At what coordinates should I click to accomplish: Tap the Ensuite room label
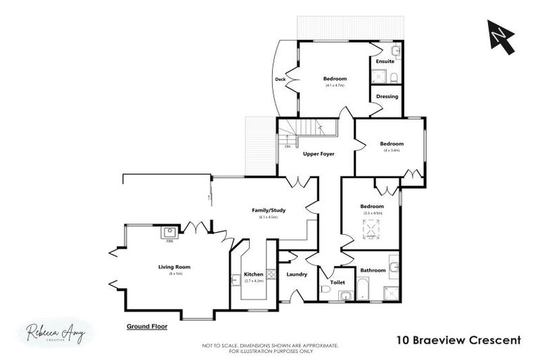(385, 61)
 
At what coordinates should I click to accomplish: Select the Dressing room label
(387, 96)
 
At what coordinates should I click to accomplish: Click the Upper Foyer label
(318, 153)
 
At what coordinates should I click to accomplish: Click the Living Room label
(174, 267)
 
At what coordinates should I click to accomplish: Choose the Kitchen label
(253, 274)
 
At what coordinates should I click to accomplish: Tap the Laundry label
(297, 274)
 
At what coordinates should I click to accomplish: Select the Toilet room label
(337, 282)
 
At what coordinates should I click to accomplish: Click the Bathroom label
(373, 270)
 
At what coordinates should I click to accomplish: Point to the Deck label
(280, 79)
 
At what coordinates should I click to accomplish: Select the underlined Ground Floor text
(146, 327)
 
